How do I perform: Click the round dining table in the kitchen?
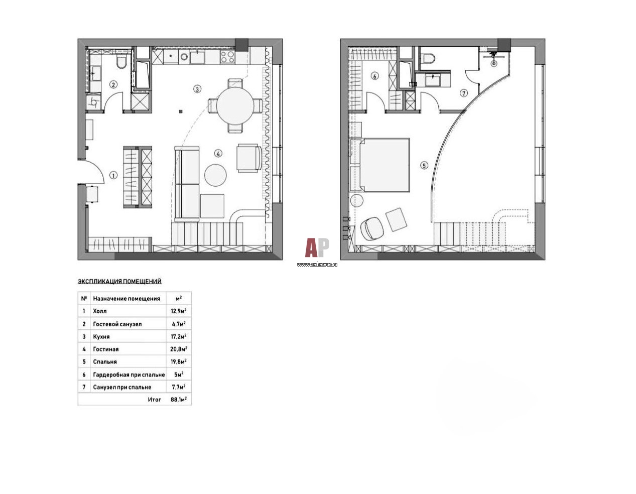click(x=235, y=105)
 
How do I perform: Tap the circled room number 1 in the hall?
click(x=113, y=175)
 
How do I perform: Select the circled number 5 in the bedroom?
click(x=424, y=166)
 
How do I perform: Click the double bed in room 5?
click(x=385, y=165)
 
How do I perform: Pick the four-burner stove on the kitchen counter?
click(x=227, y=57)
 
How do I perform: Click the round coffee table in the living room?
click(x=215, y=175)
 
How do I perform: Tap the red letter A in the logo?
click(x=311, y=248)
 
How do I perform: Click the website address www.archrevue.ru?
click(x=317, y=264)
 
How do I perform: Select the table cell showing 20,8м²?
click(x=179, y=349)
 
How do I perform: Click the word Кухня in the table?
click(x=101, y=336)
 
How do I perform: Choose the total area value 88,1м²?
click(x=179, y=400)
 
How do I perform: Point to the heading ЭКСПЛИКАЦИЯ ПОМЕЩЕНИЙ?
click(x=119, y=281)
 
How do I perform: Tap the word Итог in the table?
click(x=154, y=400)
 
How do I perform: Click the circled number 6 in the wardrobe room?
click(x=374, y=76)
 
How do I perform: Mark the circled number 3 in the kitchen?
click(x=197, y=89)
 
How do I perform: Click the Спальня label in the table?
click(x=105, y=362)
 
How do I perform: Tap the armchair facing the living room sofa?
click(x=249, y=158)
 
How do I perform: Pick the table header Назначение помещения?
click(x=126, y=299)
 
